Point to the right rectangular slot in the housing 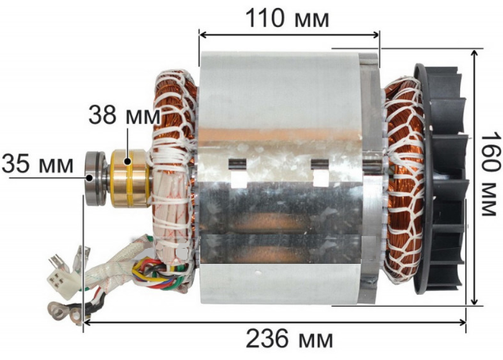tap(319, 170)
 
